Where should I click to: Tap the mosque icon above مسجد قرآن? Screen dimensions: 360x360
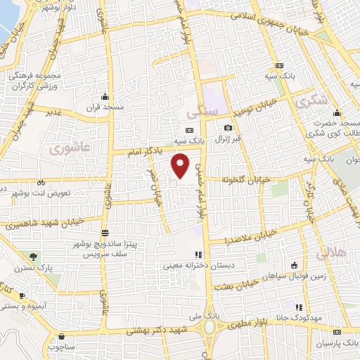tap(105, 96)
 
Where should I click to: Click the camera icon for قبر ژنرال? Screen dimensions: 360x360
tap(228, 127)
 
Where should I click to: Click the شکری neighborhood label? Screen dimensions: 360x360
tap(313, 101)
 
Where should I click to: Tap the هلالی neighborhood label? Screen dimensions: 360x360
tap(331, 252)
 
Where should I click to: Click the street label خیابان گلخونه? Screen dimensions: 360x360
tap(245, 179)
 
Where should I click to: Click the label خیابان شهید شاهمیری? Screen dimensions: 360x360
tap(44, 224)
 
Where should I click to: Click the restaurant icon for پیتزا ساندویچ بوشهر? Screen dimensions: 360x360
tap(105, 233)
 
